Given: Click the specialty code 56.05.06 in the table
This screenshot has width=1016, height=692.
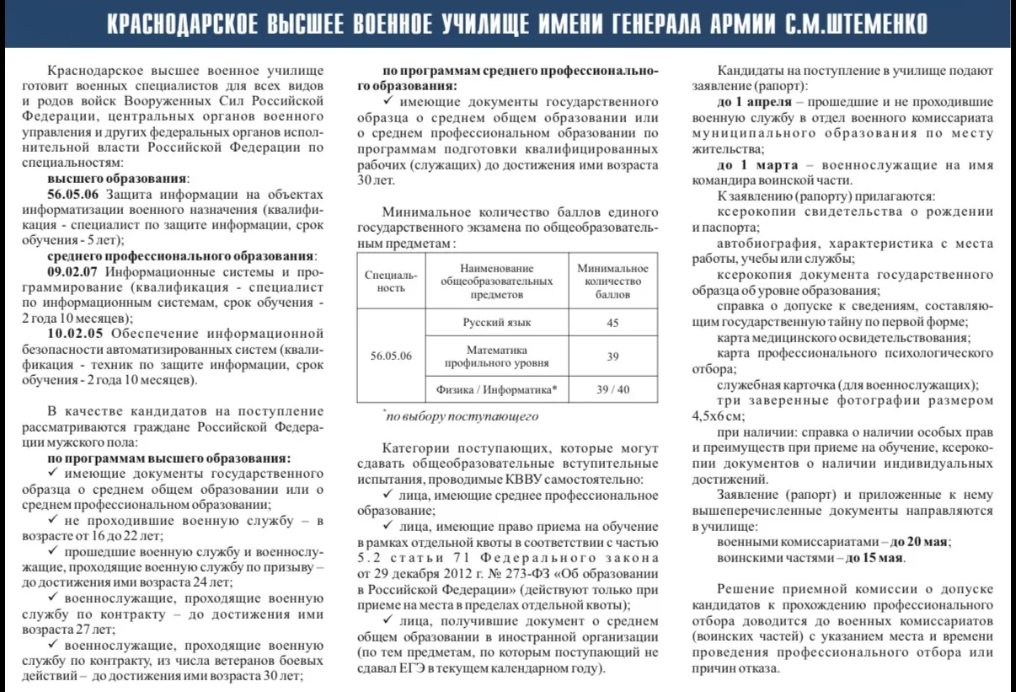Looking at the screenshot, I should click(x=391, y=356).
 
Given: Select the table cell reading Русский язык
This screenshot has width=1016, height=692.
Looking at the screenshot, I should click(x=497, y=323).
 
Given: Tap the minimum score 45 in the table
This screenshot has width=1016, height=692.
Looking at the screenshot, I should click(x=612, y=323).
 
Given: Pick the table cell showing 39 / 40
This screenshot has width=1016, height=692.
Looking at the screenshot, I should click(x=612, y=389).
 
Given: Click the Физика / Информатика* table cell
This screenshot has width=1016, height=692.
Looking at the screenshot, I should click(x=497, y=389).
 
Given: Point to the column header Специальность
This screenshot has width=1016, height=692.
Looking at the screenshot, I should click(x=391, y=281).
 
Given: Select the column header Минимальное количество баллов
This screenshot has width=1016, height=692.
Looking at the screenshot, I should click(x=612, y=281).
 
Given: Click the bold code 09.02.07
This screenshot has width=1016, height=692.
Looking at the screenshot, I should click(x=73, y=272).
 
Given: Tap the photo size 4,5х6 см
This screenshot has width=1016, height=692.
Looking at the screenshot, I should click(x=719, y=416).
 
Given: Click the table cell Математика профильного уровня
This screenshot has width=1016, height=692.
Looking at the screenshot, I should click(x=497, y=356).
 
